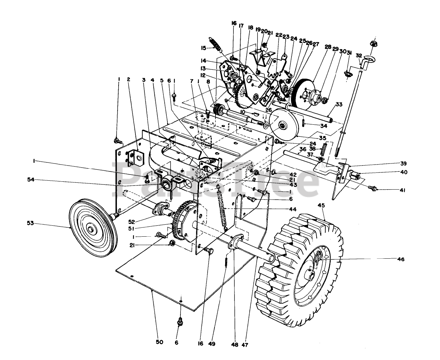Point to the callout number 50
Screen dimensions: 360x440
pos(159,342)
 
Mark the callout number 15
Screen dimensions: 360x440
pos(203,48)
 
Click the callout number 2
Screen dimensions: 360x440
pos(128,79)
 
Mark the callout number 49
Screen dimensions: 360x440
pos(212,343)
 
